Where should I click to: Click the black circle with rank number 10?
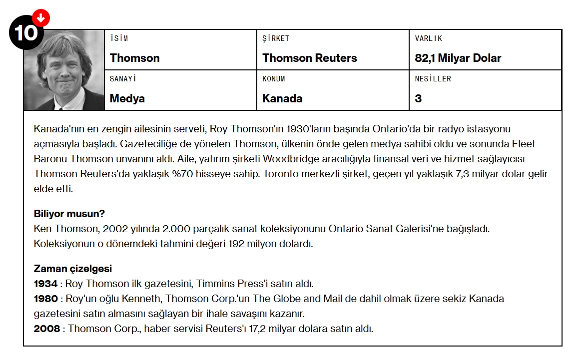point(25,33)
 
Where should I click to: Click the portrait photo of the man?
point(64,70)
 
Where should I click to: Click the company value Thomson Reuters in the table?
point(309,58)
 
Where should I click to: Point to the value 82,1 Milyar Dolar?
point(458,58)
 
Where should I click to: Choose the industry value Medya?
point(127,98)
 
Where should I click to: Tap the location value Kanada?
point(282,98)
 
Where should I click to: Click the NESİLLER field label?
point(433,79)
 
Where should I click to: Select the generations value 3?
point(418,98)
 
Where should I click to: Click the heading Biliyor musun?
point(69,214)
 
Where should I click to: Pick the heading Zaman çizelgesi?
point(72,269)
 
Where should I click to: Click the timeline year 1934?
point(45,284)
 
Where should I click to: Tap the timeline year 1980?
point(45,299)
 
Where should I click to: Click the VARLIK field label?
point(428,38)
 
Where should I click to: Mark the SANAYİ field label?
point(123,79)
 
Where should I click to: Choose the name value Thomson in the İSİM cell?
point(134,58)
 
